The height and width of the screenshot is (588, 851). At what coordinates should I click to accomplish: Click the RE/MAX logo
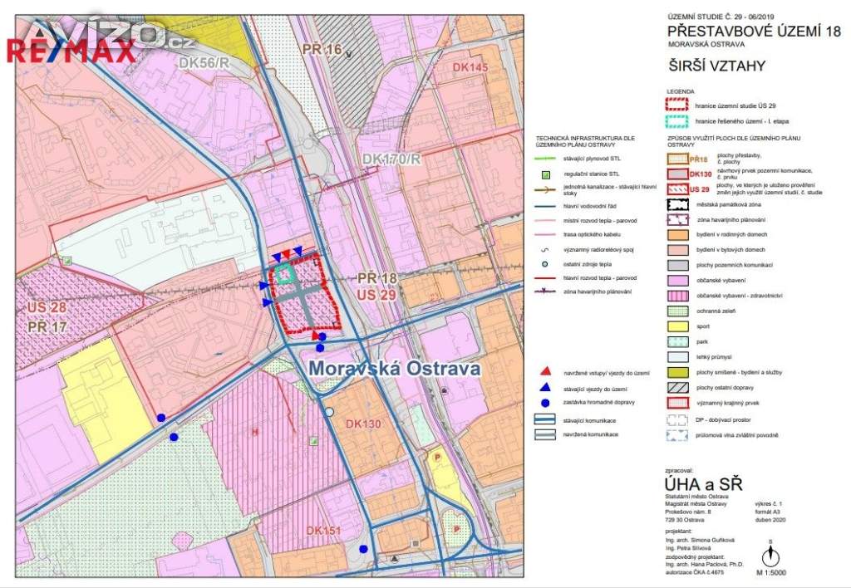[71, 51]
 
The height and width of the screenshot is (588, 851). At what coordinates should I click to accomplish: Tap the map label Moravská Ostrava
[394, 368]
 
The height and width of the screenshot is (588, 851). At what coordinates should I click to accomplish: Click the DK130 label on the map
[359, 424]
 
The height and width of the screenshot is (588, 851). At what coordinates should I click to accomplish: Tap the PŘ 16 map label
[322, 51]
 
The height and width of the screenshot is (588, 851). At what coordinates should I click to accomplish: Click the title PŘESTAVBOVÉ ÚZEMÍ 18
[753, 32]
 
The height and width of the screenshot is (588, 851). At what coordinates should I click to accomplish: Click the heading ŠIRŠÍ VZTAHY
[716, 66]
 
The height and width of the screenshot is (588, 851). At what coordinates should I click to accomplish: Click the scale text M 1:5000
[770, 572]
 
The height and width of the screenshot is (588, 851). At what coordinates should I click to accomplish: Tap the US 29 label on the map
[377, 295]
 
